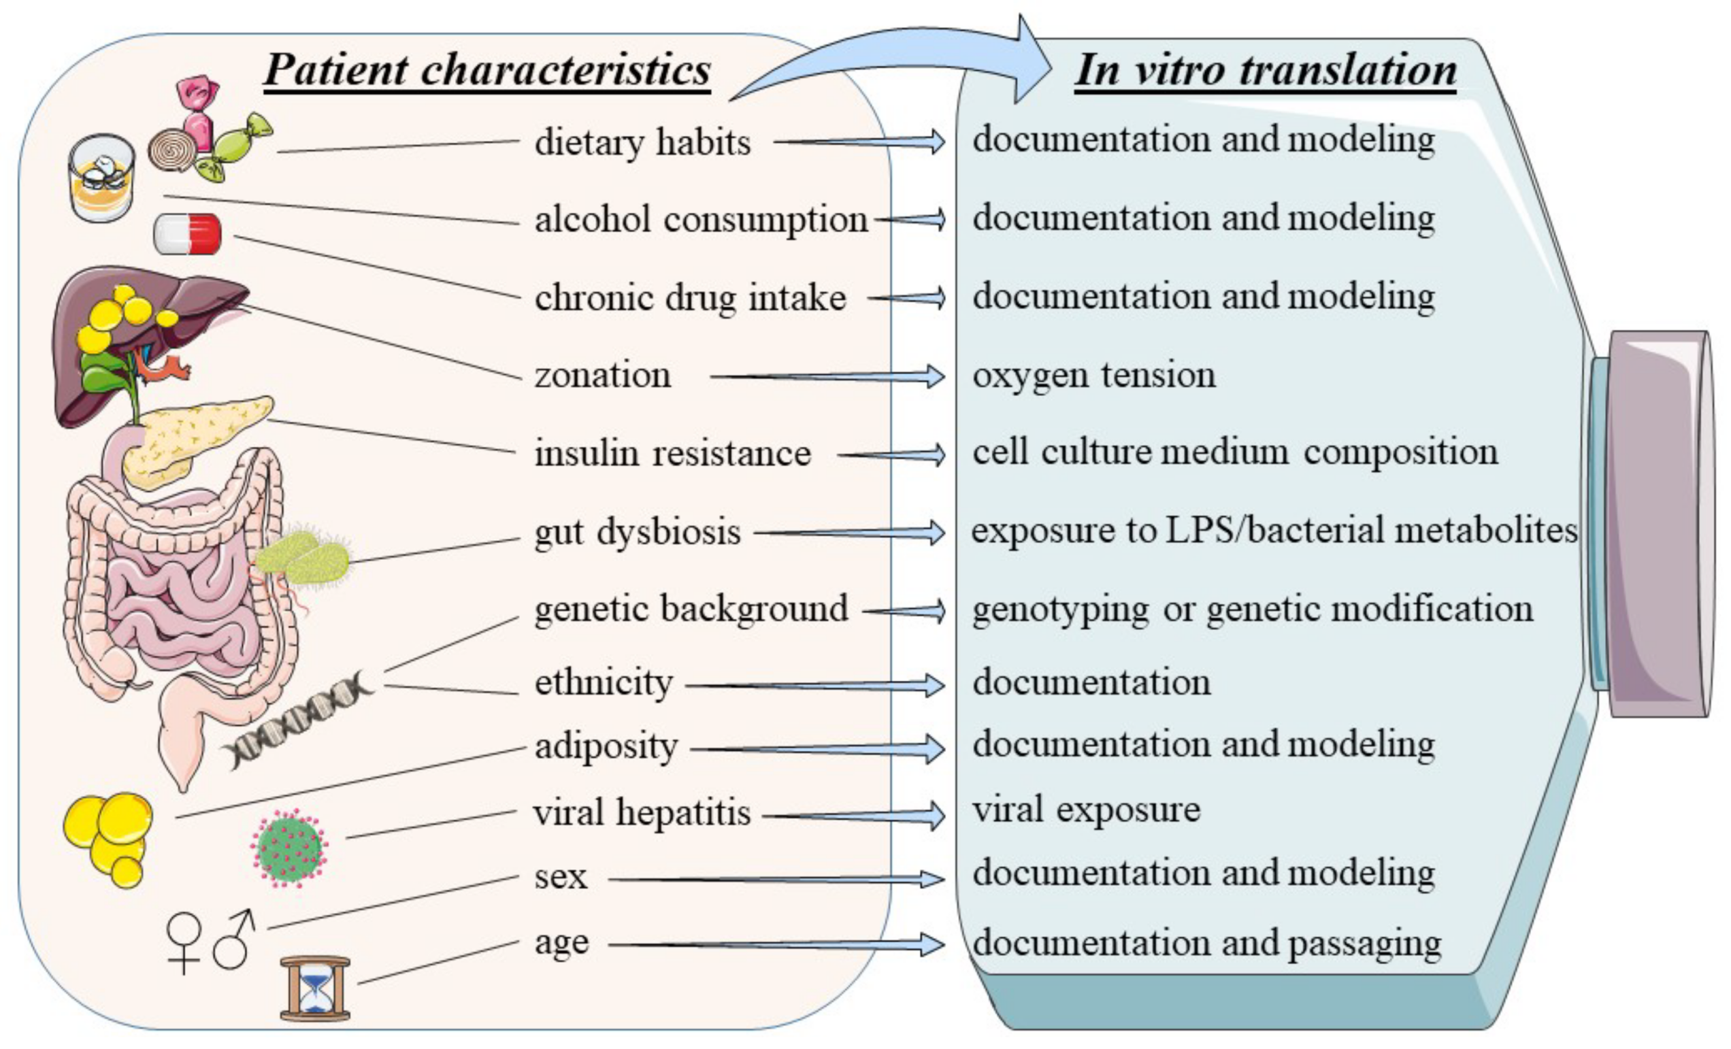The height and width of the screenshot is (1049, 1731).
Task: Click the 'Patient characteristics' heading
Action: (487, 70)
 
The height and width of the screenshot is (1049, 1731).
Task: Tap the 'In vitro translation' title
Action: (1265, 70)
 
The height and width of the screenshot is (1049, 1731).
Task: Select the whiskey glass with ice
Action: (102, 178)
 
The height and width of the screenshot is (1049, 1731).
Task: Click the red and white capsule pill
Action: (188, 234)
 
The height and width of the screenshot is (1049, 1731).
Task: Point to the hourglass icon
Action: (316, 987)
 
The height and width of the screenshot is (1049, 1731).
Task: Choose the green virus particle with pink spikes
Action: (289, 848)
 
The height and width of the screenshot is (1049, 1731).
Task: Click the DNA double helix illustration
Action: (299, 720)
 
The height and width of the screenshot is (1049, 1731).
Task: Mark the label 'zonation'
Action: (603, 375)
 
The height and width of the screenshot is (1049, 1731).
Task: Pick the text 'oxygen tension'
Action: (1094, 375)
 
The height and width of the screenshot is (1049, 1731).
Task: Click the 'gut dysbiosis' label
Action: (637, 531)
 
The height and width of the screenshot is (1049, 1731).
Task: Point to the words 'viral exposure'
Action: (1086, 810)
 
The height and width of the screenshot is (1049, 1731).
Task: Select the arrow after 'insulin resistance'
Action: (892, 455)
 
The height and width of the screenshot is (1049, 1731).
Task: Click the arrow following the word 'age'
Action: (776, 944)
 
